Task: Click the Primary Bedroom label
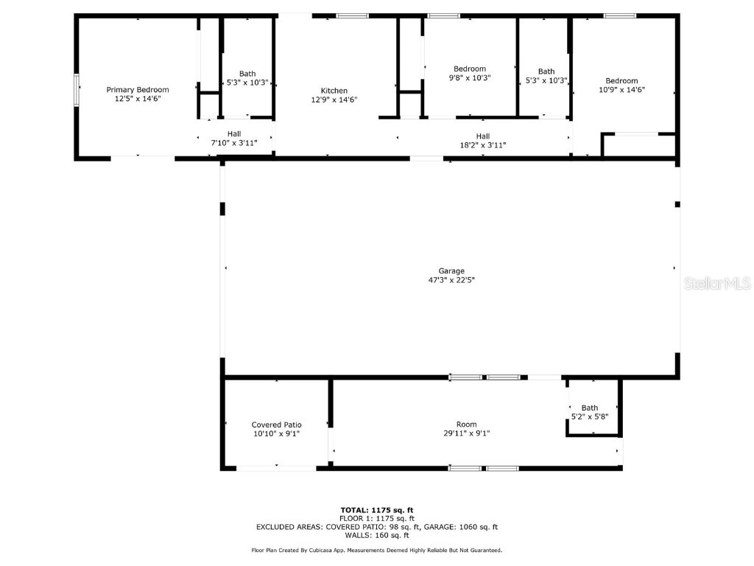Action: click(138, 90)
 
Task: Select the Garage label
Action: click(451, 271)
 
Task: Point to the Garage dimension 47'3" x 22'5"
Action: click(451, 280)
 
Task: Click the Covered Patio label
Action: click(276, 424)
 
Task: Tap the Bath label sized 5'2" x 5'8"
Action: click(590, 408)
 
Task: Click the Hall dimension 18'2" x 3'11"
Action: click(482, 145)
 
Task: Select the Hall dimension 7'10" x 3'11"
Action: click(233, 143)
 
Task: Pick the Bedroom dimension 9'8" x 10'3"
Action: click(469, 77)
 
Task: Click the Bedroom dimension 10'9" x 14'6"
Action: click(621, 90)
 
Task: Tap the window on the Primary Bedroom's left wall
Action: click(77, 90)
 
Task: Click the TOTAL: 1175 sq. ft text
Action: click(376, 510)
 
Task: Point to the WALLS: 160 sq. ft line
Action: click(376, 535)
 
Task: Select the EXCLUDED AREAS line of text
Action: click(376, 527)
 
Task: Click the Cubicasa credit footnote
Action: click(376, 551)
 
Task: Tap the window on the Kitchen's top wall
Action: click(352, 15)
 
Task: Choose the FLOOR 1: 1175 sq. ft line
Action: click(376, 518)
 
